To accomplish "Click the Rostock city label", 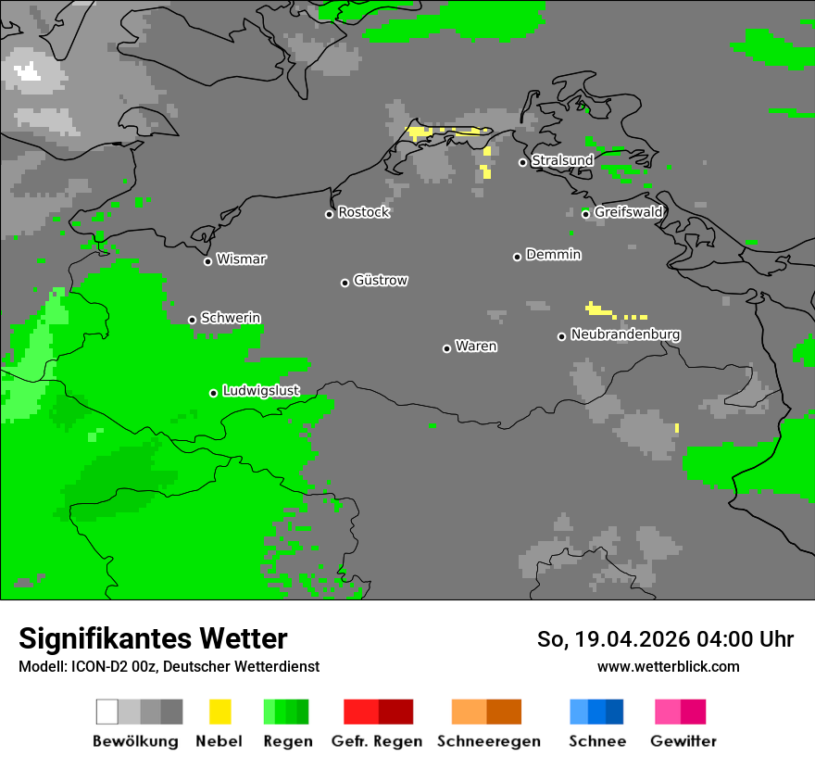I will (x=364, y=212).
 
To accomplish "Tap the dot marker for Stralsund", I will (x=522, y=162).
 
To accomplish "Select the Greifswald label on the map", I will (x=628, y=212).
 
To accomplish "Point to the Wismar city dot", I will (x=207, y=261).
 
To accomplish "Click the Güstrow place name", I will (x=381, y=280).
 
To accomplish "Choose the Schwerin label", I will (x=231, y=318).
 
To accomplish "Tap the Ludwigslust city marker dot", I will (x=213, y=393).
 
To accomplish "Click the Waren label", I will (x=476, y=347).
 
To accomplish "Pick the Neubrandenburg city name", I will (x=625, y=334).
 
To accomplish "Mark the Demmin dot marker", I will (x=517, y=257).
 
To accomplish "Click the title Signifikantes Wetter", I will (x=153, y=638).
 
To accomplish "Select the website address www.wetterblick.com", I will (x=668, y=666).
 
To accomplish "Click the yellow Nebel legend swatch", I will (x=219, y=712).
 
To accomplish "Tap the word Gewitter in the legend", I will (x=683, y=741).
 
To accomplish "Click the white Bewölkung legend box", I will (x=107, y=712).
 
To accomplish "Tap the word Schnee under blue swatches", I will (x=596, y=741).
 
